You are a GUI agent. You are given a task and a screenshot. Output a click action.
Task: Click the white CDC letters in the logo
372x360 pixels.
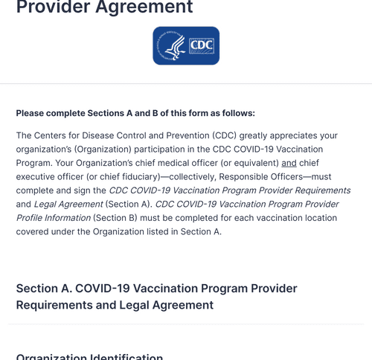[x=201, y=45]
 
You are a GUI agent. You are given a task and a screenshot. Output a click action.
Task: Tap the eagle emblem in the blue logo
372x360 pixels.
[x=173, y=46]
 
